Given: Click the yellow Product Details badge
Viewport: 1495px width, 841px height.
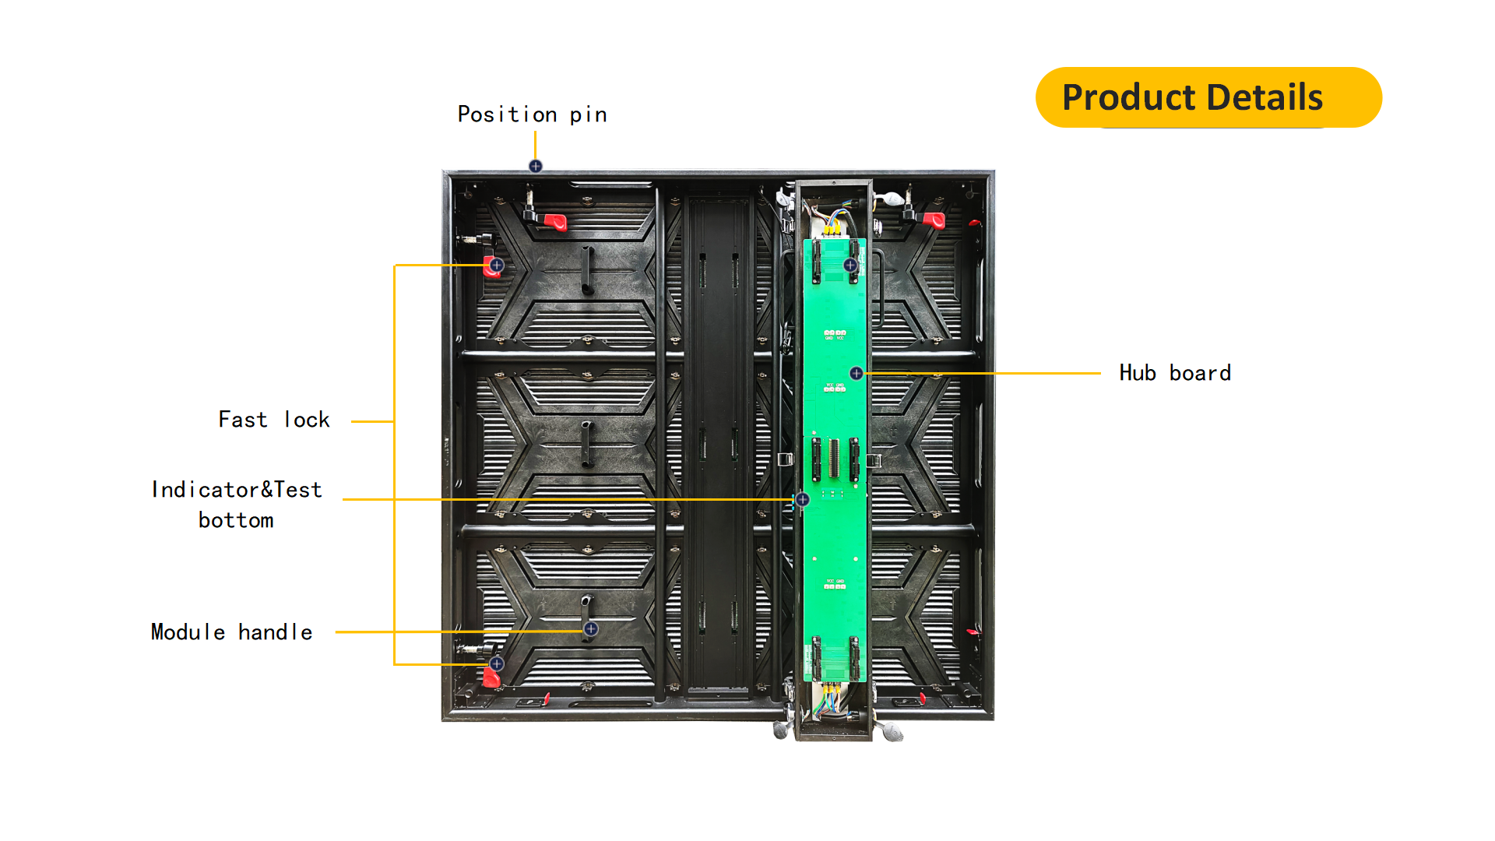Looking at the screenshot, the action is (x=1208, y=97).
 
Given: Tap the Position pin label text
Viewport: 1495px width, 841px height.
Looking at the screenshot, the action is (x=533, y=114).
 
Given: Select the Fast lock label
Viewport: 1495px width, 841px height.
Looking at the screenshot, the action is (x=274, y=420).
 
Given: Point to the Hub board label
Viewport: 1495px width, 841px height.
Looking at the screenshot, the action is (x=1175, y=373).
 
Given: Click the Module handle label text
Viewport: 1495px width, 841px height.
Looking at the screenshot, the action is (x=232, y=632).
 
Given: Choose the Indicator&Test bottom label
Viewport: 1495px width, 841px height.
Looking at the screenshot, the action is (x=237, y=505).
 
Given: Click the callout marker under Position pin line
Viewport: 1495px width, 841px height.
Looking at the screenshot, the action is (x=536, y=166).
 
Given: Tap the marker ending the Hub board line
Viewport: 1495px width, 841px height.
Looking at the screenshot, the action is (x=857, y=373).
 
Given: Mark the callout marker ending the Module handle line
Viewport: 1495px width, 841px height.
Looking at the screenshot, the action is (x=591, y=628).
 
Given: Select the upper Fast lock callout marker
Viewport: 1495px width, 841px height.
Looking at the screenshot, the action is (x=497, y=265).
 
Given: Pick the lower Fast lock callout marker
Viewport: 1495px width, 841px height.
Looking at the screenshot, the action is (x=497, y=663).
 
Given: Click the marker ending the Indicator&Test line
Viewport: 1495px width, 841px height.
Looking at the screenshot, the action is (x=803, y=499).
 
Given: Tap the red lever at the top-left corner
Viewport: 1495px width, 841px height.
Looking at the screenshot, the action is (x=555, y=222).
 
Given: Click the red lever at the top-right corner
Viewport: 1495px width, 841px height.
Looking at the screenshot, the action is (x=934, y=220).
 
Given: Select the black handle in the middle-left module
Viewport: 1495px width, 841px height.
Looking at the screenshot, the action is (x=587, y=445).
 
